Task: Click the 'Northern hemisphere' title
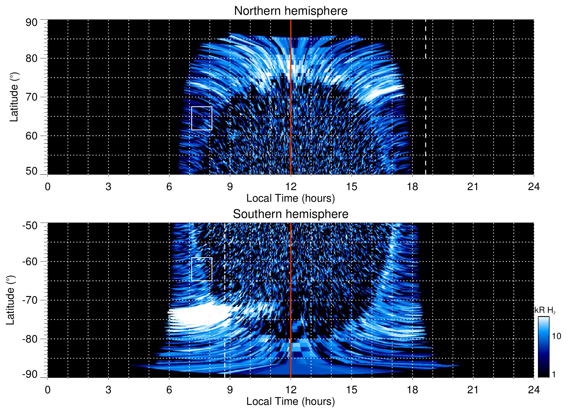coord(290,11)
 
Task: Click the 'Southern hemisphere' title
coord(290,214)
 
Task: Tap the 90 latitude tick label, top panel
coord(31,22)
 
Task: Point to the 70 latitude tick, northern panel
coord(31,97)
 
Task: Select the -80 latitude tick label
coord(30,339)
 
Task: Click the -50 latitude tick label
coord(30,225)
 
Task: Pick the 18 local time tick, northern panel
coord(412,186)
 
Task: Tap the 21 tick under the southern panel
coord(473,389)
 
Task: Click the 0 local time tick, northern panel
coord(48,186)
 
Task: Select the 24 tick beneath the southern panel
coord(534,389)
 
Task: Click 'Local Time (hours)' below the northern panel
coord(290,198)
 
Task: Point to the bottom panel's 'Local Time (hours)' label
coord(290,401)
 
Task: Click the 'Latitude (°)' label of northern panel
coord(14,97)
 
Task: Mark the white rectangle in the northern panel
coord(202,118)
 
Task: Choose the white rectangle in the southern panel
coord(202,269)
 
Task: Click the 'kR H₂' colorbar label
coord(545,310)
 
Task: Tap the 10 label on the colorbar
coord(556,336)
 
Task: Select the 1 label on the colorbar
coord(554,374)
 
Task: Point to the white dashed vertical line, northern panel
coord(426,116)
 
